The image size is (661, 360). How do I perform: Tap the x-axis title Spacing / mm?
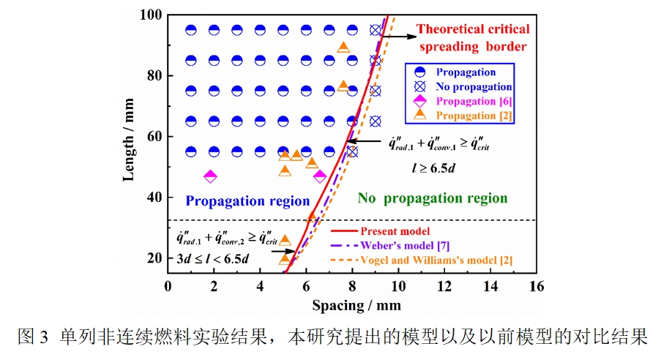356,304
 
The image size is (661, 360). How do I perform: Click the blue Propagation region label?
247,200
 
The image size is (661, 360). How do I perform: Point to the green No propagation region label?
431,198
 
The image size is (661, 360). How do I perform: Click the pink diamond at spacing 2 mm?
210,176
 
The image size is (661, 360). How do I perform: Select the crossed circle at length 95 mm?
375,30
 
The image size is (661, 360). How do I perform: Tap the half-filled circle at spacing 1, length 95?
191,30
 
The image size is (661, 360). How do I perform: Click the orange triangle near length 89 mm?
343,48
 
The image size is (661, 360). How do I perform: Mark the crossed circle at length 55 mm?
352,151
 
